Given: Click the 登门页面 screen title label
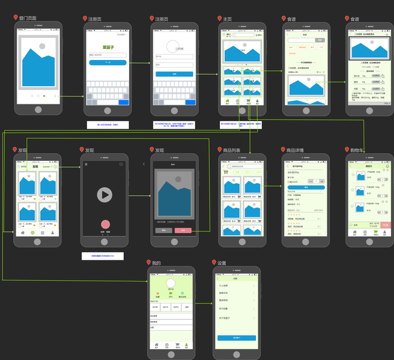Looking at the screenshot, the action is [28, 18].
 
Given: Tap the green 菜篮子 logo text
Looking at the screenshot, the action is [108, 47].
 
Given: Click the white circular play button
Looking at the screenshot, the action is [105, 194].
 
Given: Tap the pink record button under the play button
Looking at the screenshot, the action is [105, 224].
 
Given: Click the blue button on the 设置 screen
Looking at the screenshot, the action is [236, 338].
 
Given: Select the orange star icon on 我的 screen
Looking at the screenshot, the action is [157, 293].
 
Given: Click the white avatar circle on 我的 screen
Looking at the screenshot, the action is [171, 283].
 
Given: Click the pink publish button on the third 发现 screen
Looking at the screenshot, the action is [183, 230].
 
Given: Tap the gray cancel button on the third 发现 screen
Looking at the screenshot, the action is [163, 230].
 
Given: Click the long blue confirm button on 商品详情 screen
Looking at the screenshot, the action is [306, 188].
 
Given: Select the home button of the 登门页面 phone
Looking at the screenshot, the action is [38, 110].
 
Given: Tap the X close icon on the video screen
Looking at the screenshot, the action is [86, 164].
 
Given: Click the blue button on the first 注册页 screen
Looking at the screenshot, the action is [108, 62].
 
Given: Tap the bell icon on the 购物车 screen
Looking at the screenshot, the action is [387, 166].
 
